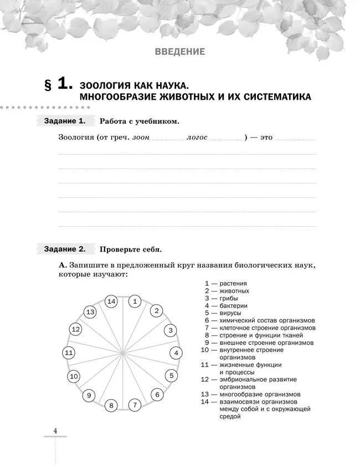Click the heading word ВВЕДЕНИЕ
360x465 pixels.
[x=179, y=52]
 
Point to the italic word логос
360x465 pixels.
[x=197, y=137]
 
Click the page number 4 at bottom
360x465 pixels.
[x=55, y=431]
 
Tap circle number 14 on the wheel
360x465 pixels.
[x=111, y=302]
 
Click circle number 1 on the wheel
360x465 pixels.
[x=135, y=302]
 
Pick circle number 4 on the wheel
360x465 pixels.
[x=176, y=352]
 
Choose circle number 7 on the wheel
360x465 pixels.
[x=134, y=405]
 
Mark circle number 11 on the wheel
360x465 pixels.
[x=69, y=352]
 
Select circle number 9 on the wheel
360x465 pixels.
[x=89, y=395]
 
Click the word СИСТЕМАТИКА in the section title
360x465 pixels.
[x=269, y=98]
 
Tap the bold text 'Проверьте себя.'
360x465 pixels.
[x=130, y=249]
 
